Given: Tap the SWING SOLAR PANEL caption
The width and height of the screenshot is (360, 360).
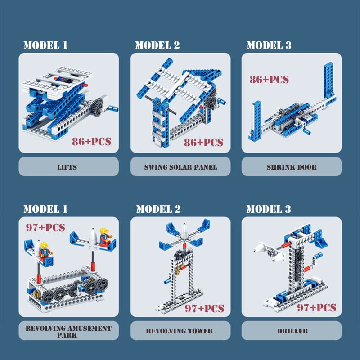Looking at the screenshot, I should tap(180, 167).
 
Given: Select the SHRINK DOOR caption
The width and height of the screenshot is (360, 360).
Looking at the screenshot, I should tap(292, 167).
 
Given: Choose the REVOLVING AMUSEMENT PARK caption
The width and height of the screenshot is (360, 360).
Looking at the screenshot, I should tap(68, 331).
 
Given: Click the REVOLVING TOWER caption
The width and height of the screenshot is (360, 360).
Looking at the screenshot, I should tap(180, 331).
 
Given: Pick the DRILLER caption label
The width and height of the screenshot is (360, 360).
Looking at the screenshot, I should tap(292, 331).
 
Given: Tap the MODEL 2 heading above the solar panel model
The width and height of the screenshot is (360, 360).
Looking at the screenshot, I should tap(157, 45).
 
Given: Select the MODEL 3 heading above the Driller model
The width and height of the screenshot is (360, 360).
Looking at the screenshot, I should tap(269, 209).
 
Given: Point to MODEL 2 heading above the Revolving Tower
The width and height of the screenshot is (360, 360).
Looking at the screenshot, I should tap(158, 209).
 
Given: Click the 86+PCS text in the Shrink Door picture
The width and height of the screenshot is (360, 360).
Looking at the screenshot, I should tap(269, 80).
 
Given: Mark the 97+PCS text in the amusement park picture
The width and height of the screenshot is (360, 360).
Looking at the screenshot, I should tap(45, 228).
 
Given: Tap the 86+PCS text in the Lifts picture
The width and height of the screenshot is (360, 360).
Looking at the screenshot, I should tap(91, 142).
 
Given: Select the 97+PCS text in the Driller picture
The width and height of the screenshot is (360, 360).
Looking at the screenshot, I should tap(316, 308).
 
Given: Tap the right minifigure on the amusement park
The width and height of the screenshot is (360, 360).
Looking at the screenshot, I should tap(104, 237).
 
